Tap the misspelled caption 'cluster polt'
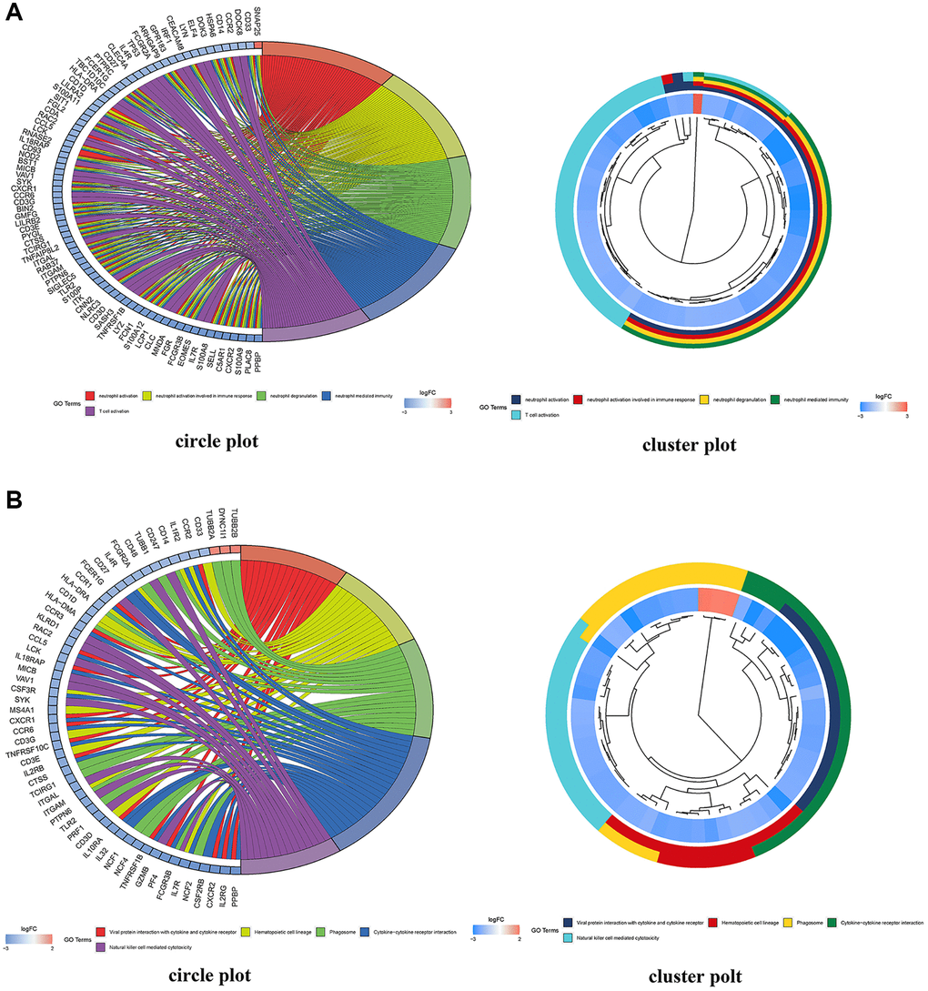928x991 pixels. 697,975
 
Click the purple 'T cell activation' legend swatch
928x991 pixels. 89,411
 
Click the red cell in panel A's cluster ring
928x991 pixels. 697,104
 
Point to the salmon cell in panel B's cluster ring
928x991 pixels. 716,601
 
